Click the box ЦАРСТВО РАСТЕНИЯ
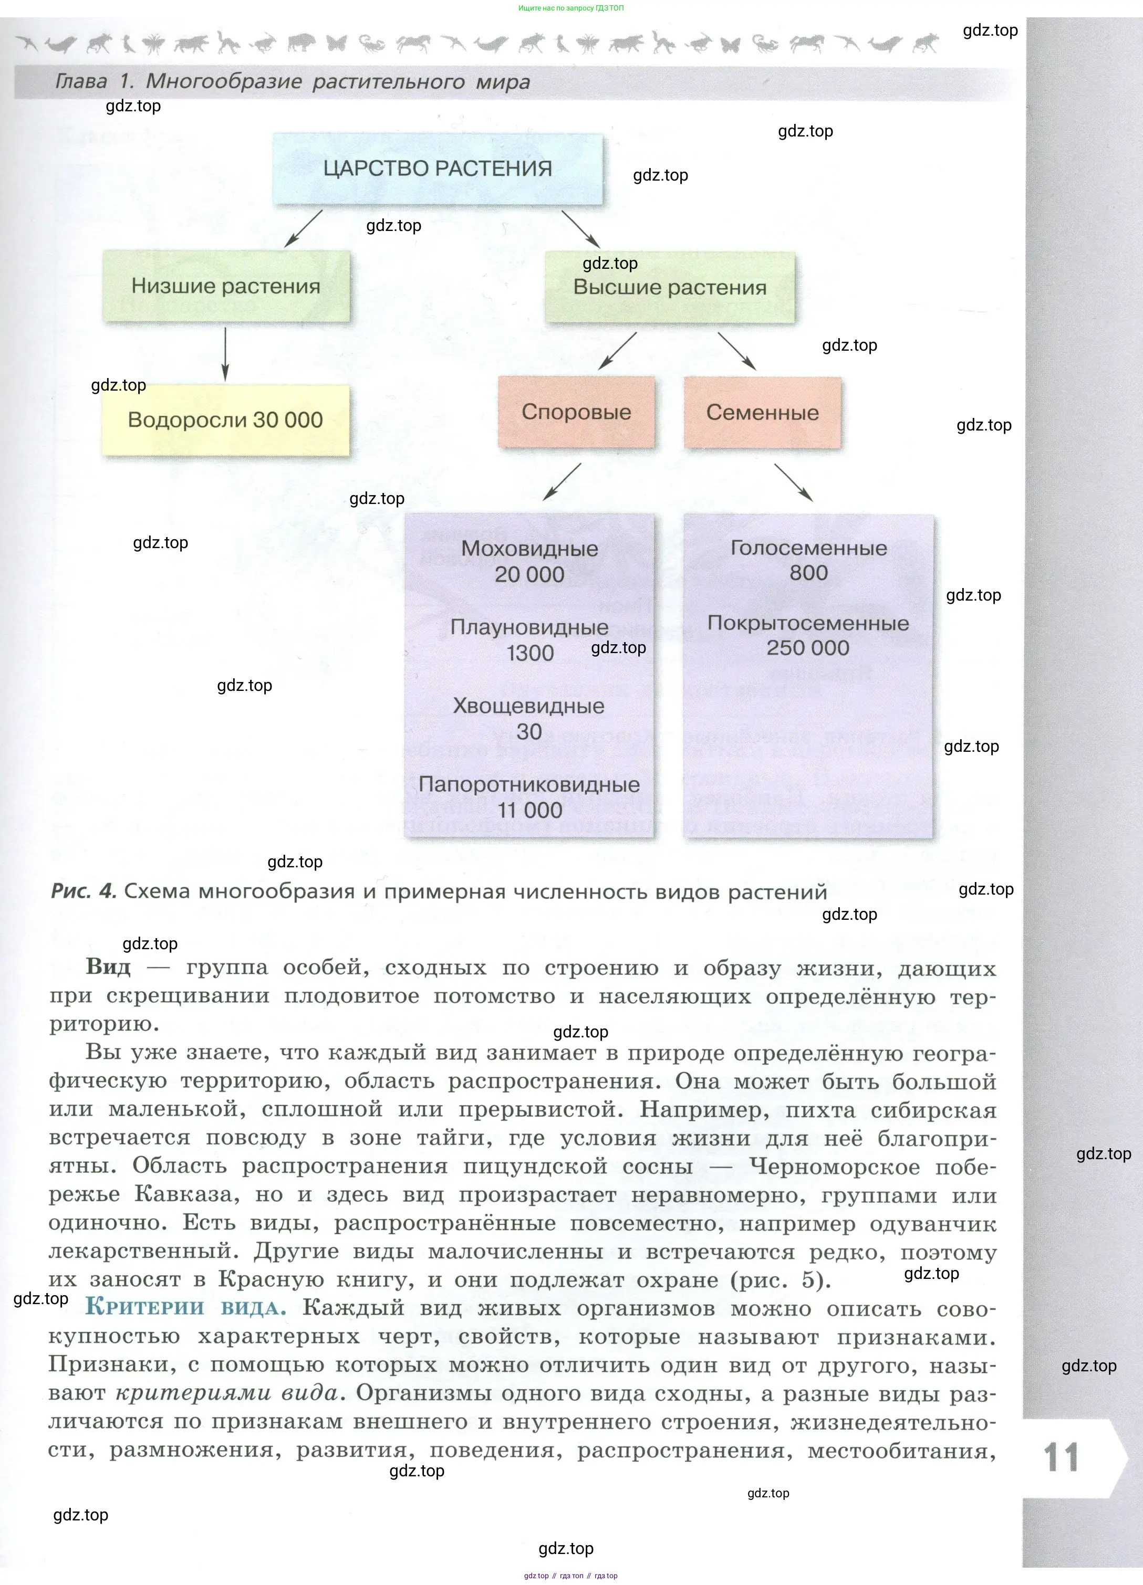[x=437, y=169]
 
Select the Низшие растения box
[x=226, y=287]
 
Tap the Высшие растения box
[x=670, y=287]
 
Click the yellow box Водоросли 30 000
[x=225, y=420]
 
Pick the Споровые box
[x=576, y=412]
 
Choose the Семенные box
[x=762, y=412]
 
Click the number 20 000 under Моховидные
[x=529, y=574]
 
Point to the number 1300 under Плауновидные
[x=529, y=654]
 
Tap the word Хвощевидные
[x=528, y=706]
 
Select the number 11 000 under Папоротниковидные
[x=529, y=811]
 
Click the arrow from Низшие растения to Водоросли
[x=225, y=354]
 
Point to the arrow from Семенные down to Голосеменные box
[x=794, y=482]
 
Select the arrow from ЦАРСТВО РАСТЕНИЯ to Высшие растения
[x=581, y=228]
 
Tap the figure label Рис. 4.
[x=83, y=892]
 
